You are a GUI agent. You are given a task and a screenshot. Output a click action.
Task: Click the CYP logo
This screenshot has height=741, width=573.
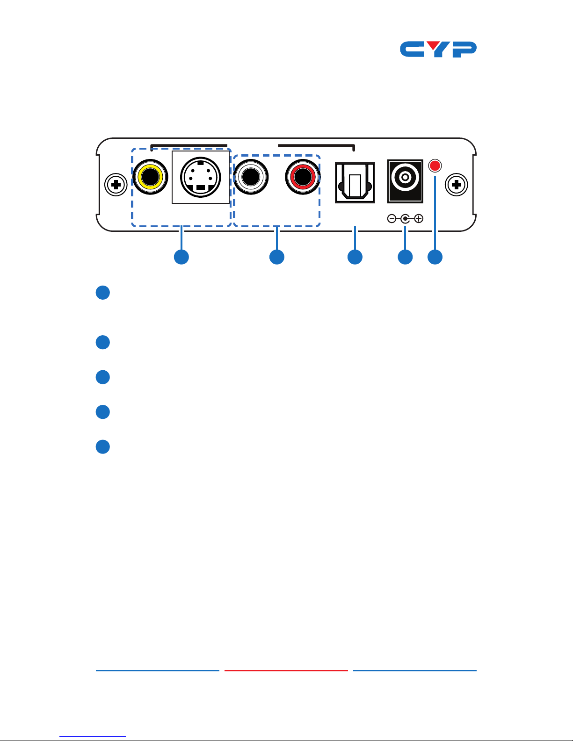pyautogui.click(x=438, y=49)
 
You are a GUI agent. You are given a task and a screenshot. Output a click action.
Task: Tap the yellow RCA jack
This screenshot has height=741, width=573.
pyautogui.click(x=151, y=177)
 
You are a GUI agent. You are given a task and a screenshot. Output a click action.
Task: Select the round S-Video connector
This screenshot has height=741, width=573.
pyautogui.click(x=201, y=177)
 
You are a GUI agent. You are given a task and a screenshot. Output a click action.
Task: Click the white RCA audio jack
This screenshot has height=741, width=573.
pyautogui.click(x=251, y=177)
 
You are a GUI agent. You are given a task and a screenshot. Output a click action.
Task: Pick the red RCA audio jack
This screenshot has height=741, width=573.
pyautogui.click(x=303, y=177)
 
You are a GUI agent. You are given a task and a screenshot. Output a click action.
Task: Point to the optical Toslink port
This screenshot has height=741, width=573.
pyautogui.click(x=355, y=183)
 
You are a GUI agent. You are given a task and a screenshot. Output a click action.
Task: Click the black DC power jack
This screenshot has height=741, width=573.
pyautogui.click(x=405, y=181)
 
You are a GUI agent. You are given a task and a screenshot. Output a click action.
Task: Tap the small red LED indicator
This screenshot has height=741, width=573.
pyautogui.click(x=435, y=165)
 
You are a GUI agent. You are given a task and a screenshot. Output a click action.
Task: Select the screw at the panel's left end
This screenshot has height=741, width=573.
pyautogui.click(x=116, y=185)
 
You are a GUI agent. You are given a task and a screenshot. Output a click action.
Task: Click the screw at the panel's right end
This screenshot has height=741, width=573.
pyautogui.click(x=457, y=185)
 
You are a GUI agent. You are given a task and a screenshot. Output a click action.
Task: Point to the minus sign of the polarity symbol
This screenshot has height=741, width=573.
pyautogui.click(x=392, y=219)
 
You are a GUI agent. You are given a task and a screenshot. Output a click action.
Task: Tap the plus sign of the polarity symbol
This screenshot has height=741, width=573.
pyautogui.click(x=419, y=219)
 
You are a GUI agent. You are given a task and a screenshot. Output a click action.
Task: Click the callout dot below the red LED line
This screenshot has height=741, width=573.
pyautogui.click(x=435, y=257)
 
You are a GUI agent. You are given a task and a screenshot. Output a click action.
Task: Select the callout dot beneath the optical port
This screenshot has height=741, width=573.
pyautogui.click(x=355, y=257)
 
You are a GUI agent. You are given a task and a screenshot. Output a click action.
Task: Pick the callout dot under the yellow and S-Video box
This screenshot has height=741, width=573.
pyautogui.click(x=181, y=257)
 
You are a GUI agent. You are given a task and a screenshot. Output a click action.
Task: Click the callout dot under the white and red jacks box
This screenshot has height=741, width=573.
pyautogui.click(x=277, y=257)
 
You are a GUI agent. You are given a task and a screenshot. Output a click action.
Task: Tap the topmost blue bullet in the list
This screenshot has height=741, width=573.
pyautogui.click(x=102, y=293)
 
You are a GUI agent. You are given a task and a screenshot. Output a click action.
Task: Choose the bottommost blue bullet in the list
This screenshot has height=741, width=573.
pyautogui.click(x=102, y=447)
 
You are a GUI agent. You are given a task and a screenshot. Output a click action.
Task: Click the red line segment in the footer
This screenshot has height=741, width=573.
pyautogui.click(x=286, y=670)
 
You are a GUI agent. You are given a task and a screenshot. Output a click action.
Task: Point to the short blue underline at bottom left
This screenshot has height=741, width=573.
pyautogui.click(x=93, y=736)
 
